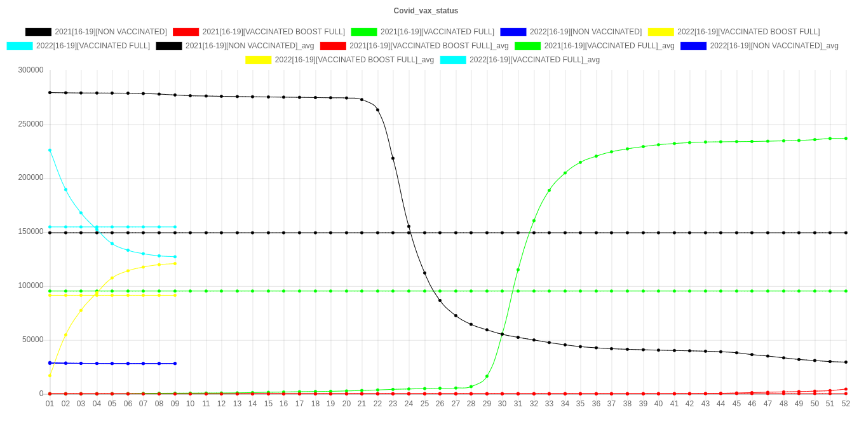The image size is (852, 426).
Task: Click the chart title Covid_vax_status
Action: tap(426, 11)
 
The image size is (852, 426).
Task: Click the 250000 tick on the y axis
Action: tap(30, 123)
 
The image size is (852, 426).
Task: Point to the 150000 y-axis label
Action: tap(30, 231)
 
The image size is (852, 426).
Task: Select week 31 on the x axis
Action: tap(518, 403)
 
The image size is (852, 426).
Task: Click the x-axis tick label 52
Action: tap(846, 403)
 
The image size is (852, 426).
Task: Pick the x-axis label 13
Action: tap(237, 403)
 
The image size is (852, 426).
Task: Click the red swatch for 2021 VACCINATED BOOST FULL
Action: tap(186, 32)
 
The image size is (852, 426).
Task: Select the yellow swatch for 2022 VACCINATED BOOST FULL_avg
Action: tap(259, 60)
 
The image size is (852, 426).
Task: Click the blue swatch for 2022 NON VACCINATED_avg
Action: tap(694, 46)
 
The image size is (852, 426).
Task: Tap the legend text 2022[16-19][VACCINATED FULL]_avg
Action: tap(534, 60)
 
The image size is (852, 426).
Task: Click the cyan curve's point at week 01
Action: tap(50, 150)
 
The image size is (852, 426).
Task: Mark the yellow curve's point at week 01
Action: tap(50, 376)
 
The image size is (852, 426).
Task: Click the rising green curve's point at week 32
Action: tap(534, 221)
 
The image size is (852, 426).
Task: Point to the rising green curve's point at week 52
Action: tap(846, 139)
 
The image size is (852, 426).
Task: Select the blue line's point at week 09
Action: tap(175, 364)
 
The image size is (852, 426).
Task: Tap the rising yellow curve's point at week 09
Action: tap(175, 264)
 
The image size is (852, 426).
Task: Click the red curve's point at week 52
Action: tap(846, 389)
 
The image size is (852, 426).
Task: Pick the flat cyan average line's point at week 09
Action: tap(175, 227)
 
